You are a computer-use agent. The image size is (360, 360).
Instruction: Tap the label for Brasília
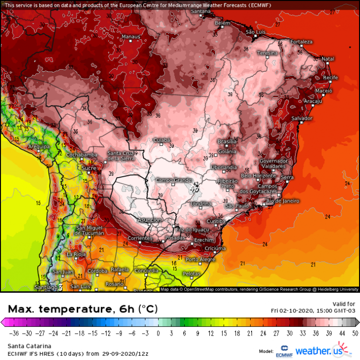(228, 142)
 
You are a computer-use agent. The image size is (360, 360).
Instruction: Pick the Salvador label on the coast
(302, 118)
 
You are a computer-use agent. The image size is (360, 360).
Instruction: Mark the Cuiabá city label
(162, 140)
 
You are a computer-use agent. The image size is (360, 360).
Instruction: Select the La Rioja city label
(76, 254)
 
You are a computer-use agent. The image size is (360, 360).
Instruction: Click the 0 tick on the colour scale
(158, 332)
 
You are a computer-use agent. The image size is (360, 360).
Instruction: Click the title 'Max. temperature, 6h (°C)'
(82, 308)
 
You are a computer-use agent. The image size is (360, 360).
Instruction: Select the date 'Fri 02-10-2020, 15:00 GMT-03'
(313, 310)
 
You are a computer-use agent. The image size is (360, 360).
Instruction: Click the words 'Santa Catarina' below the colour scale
(28, 345)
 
